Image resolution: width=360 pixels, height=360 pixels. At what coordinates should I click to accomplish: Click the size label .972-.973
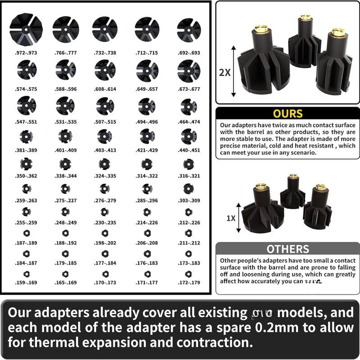pos(26,53)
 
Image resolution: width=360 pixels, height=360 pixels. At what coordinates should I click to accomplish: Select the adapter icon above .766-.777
pos(66,29)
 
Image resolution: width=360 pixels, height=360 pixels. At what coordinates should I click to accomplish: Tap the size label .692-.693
pos(189,53)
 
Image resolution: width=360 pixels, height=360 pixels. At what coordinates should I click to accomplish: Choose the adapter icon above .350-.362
pos(26,163)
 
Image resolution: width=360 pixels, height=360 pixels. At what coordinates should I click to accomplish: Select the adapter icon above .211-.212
pos(189,233)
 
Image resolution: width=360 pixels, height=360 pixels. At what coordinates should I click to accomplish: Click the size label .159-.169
pos(26,283)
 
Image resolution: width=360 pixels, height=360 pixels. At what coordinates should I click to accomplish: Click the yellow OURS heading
pos(288,114)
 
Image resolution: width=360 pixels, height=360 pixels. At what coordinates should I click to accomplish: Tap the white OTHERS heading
pos(288,249)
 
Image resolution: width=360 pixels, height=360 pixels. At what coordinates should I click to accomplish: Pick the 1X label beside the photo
pos(230,218)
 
